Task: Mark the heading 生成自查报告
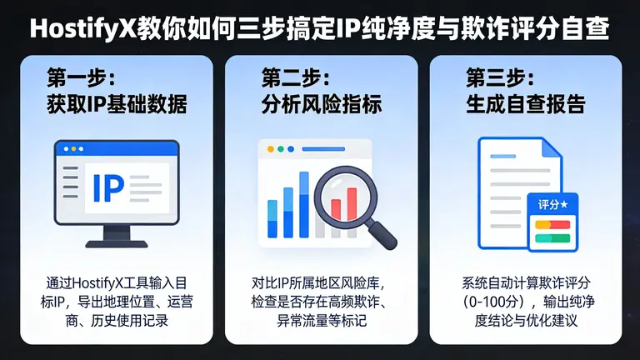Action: tap(525, 106)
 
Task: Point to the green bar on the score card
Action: tap(552, 237)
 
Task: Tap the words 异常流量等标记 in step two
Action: tap(321, 319)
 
